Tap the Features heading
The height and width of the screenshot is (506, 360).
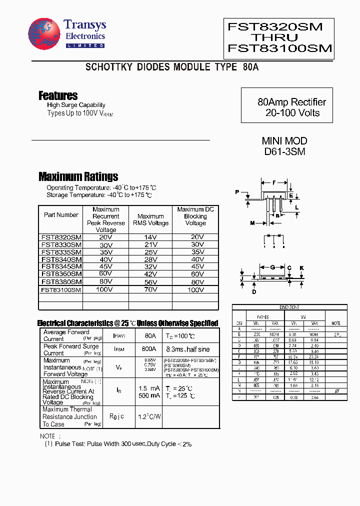[x=58, y=95]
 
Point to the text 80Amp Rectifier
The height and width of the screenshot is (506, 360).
[x=292, y=102]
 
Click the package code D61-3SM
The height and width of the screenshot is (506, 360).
[x=284, y=151]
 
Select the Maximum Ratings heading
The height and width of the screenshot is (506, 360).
[x=78, y=176]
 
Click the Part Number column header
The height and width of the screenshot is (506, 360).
[x=61, y=215]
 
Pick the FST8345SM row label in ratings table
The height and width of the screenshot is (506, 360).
[x=61, y=266]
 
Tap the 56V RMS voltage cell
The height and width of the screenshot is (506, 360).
[x=150, y=282]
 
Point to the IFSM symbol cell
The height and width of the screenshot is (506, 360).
[x=119, y=349]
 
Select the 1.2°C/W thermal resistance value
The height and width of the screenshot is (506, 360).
[x=149, y=416]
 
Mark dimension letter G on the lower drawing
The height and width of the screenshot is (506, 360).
[x=273, y=267]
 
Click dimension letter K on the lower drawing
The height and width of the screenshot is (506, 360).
[x=302, y=268]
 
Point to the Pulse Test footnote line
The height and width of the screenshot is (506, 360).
[x=118, y=443]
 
